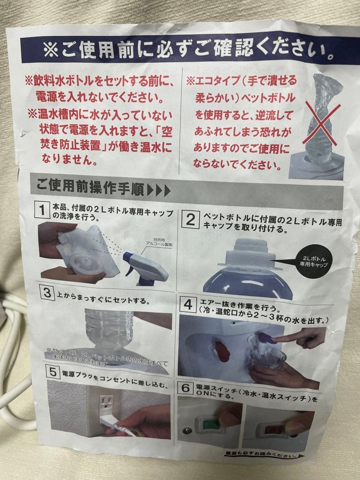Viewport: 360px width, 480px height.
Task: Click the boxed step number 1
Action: pos(43,209)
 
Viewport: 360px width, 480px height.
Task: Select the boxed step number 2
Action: pos(191,219)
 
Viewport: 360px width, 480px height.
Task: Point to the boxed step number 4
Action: pos(188,304)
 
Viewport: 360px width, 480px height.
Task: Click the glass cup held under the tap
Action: pos(266,359)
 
